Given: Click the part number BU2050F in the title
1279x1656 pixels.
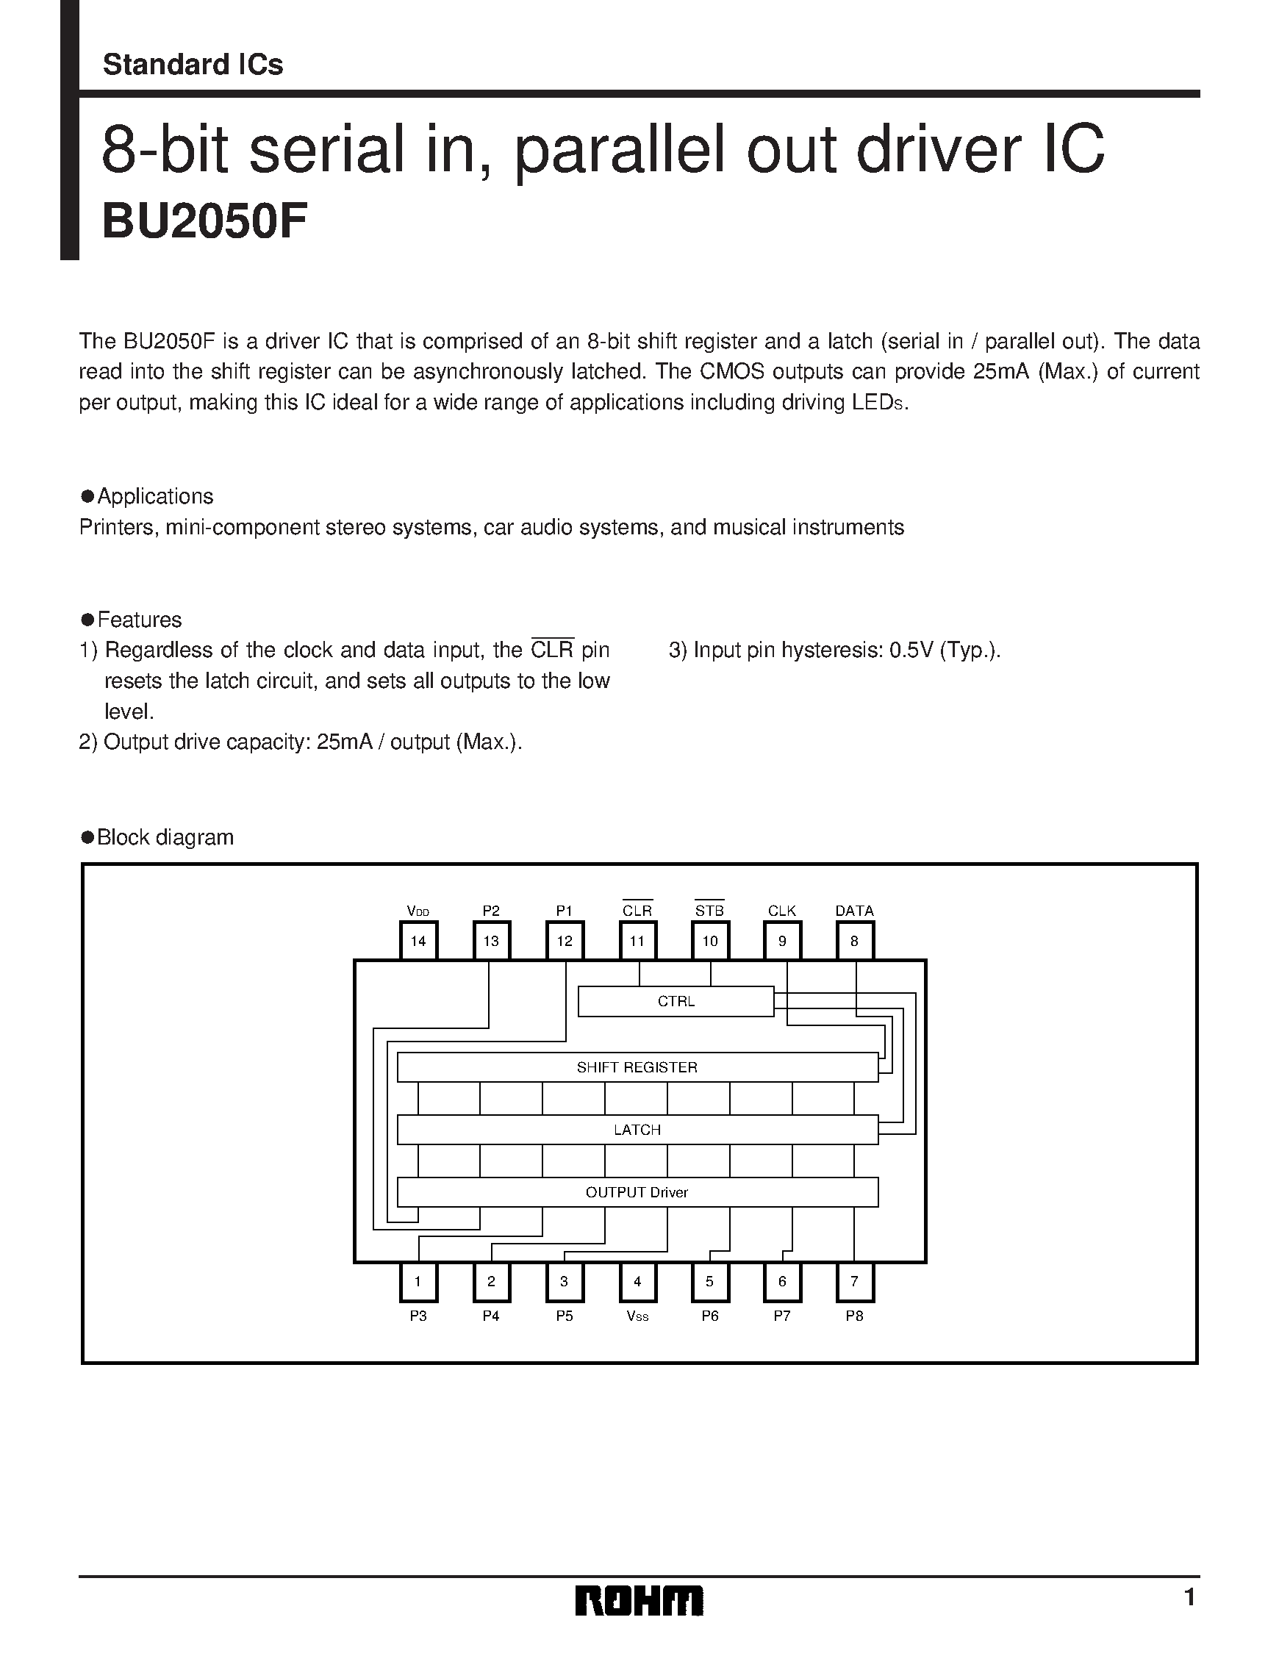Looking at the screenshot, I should (204, 223).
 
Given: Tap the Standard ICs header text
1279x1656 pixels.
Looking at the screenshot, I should (193, 65).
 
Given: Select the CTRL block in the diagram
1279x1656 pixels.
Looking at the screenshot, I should (676, 1001).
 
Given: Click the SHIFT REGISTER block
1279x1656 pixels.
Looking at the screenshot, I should (637, 1067).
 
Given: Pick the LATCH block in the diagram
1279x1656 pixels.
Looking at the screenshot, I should (637, 1129).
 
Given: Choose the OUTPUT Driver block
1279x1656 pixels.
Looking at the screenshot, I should (637, 1192).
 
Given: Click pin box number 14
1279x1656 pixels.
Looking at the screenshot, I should (418, 941).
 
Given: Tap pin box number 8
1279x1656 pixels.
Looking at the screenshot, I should (854, 941).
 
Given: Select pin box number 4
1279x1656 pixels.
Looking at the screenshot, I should (637, 1281).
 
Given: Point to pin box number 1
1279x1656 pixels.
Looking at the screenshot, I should (418, 1281).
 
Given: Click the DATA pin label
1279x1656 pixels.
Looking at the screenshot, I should (854, 911).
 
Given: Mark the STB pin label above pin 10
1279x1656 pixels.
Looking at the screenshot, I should (709, 911).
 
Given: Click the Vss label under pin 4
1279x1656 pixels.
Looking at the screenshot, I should (637, 1316).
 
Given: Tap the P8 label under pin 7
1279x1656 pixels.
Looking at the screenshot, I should (854, 1316).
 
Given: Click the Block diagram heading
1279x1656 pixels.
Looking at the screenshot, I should (165, 837).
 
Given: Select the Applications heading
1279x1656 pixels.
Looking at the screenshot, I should (155, 496).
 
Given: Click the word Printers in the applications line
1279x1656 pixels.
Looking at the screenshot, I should (117, 527).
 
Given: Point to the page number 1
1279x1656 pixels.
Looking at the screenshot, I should (1189, 1598).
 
